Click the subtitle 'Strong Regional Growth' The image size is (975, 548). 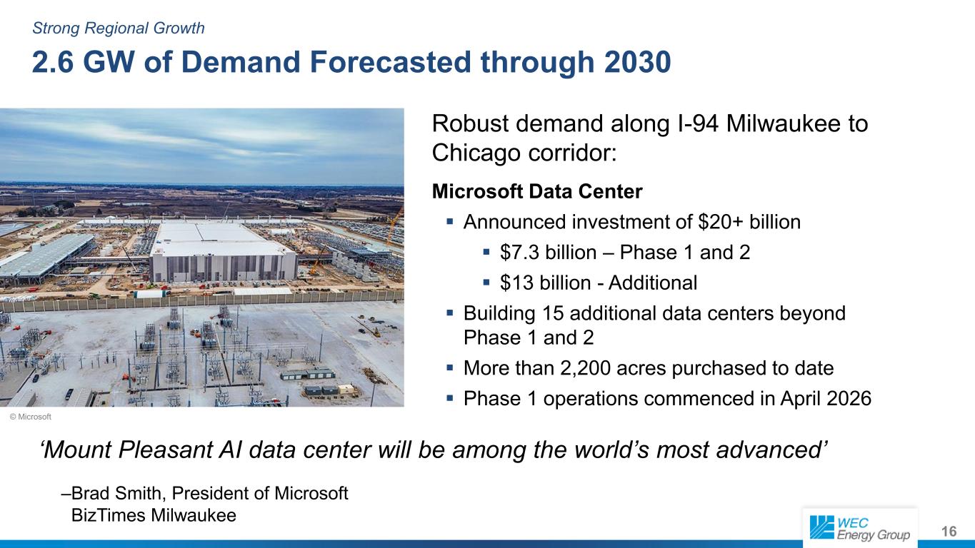click(119, 29)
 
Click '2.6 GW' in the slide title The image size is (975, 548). click(83, 62)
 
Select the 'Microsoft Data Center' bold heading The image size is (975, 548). click(537, 191)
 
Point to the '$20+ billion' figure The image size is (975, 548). click(749, 222)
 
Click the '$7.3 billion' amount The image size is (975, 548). click(549, 253)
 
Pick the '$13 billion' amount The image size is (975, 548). click(546, 283)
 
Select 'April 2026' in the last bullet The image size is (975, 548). click(826, 398)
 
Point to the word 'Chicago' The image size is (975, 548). click(476, 153)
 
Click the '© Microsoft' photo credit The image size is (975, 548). click(31, 417)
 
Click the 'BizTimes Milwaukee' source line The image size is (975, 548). click(154, 515)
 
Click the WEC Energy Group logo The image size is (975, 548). click(860, 528)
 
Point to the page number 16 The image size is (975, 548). click(949, 532)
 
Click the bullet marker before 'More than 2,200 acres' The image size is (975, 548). click(450, 368)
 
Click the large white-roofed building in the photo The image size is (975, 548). click(223, 253)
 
